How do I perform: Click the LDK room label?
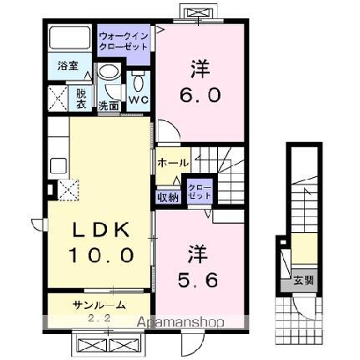(x=94, y=230)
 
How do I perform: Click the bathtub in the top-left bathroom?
(x=70, y=38)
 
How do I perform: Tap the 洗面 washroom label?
(x=109, y=106)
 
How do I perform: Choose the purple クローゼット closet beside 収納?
(x=199, y=191)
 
